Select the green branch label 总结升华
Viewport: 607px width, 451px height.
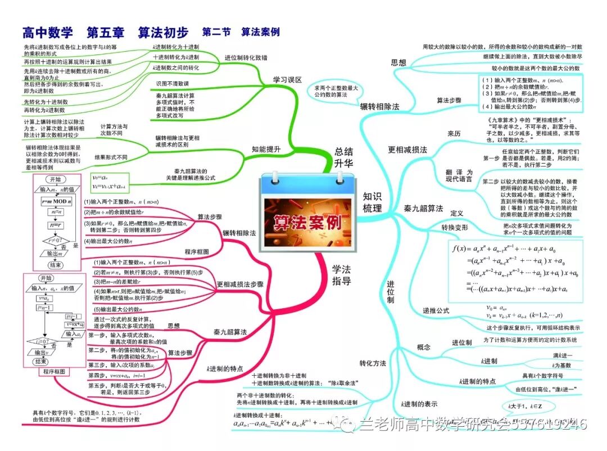[343, 157]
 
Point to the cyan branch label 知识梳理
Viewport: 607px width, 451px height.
[372, 202]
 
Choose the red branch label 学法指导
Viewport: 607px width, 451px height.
[341, 274]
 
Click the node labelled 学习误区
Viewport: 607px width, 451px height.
[287, 80]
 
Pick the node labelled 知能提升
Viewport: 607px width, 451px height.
[266, 149]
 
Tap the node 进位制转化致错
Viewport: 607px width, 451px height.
[246, 57]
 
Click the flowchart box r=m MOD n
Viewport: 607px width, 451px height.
[55, 201]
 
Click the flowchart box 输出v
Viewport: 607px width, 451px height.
[41, 353]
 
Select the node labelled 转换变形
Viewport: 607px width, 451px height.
[454, 227]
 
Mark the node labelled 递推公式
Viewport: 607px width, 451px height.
[436, 310]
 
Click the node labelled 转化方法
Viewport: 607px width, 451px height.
[373, 363]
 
